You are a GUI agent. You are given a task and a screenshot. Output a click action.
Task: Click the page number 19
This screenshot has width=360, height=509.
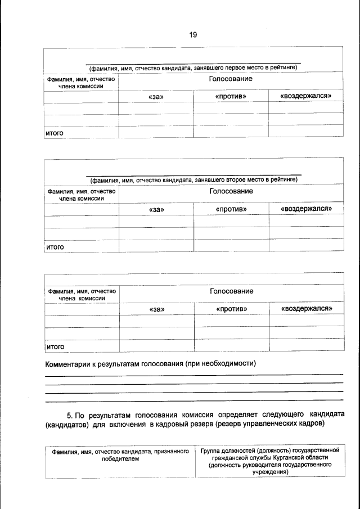(x=193, y=35)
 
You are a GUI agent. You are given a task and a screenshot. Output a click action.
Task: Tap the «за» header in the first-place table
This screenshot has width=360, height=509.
(x=156, y=97)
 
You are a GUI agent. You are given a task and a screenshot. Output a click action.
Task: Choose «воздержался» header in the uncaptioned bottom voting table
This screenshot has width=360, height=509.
(x=307, y=309)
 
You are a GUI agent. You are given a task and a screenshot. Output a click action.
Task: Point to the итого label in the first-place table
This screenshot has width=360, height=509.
(x=55, y=133)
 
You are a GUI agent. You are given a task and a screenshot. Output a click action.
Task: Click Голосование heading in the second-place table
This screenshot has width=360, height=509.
(x=231, y=191)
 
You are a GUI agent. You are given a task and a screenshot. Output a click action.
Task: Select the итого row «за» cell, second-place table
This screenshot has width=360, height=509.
(x=156, y=245)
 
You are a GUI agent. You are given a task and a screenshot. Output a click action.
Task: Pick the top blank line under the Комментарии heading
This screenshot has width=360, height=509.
(x=193, y=375)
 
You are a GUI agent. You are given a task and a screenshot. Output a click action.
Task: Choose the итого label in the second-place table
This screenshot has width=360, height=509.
(x=55, y=246)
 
